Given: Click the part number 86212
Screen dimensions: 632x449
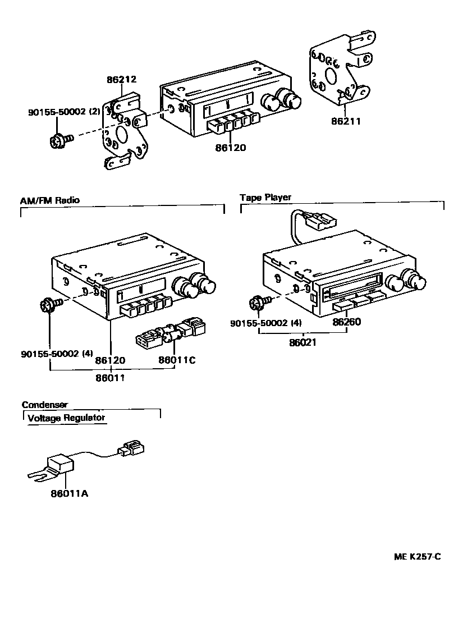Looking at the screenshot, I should tap(122, 80).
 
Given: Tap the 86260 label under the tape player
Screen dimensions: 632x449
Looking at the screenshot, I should tap(346, 322).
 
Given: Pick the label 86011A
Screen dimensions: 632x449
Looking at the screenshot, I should tap(69, 494).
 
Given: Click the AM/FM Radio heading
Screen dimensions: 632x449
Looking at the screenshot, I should tap(50, 200).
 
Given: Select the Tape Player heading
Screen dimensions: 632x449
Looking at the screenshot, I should tap(265, 198).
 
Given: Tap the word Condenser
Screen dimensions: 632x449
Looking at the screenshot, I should tap(45, 405).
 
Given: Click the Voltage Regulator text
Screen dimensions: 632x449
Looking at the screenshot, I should tap(66, 418).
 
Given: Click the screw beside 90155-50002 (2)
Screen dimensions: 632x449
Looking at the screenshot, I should tap(59, 140).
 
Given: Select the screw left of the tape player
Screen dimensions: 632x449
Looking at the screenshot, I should tap(259, 303).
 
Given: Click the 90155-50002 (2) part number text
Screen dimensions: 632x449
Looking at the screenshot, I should tap(64, 112).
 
